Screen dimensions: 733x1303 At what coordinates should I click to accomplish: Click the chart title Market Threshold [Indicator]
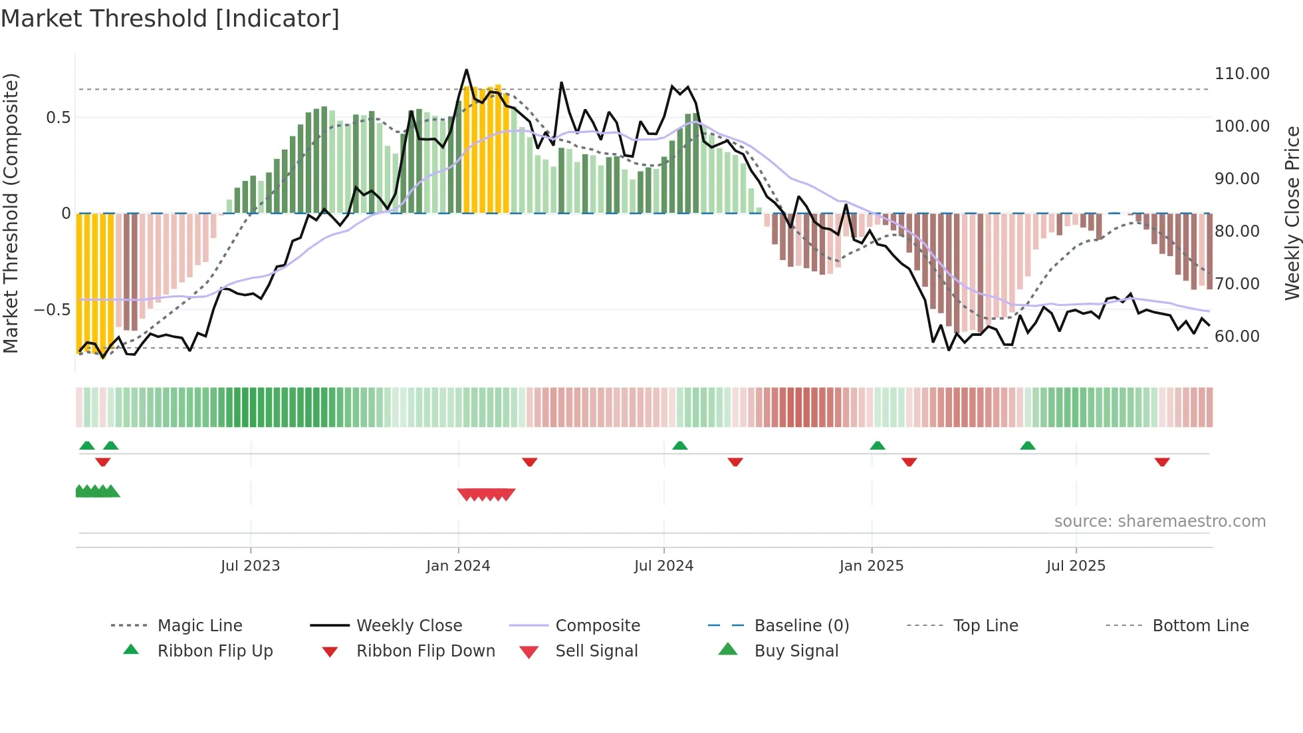tap(170, 19)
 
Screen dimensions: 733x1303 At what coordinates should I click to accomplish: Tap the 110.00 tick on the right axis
tap(1242, 74)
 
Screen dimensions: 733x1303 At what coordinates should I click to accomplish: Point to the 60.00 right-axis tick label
tap(1237, 337)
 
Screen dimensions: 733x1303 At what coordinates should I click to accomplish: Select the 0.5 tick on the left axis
tap(58, 118)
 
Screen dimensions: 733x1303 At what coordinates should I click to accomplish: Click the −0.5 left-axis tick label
tap(52, 310)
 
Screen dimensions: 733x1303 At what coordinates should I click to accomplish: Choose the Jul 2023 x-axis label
tap(250, 566)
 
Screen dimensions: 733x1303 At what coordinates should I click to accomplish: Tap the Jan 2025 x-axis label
tap(871, 566)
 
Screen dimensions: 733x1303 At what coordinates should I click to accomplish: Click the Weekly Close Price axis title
tap(1292, 213)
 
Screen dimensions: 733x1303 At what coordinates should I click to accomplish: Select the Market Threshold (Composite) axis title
tap(11, 213)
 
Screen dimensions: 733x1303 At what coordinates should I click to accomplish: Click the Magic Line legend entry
tap(199, 626)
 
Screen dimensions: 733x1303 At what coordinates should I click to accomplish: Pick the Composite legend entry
tap(597, 626)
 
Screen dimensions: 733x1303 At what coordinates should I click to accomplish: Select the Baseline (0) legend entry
tap(801, 626)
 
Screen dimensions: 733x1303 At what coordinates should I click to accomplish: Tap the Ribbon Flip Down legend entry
tap(425, 651)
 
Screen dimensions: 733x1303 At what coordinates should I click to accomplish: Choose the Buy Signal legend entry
tap(796, 651)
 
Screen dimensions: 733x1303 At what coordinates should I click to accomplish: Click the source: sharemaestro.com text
tap(1159, 521)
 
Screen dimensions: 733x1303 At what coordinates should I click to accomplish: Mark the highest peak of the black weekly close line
tap(466, 70)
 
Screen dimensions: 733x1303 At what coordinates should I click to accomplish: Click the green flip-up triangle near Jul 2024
tap(679, 446)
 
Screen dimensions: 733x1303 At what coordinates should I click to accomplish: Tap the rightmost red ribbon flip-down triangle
tap(1162, 462)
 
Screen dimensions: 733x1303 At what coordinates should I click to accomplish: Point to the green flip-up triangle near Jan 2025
tap(878, 446)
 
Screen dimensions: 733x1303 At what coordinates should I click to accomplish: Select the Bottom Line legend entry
tap(1200, 626)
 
